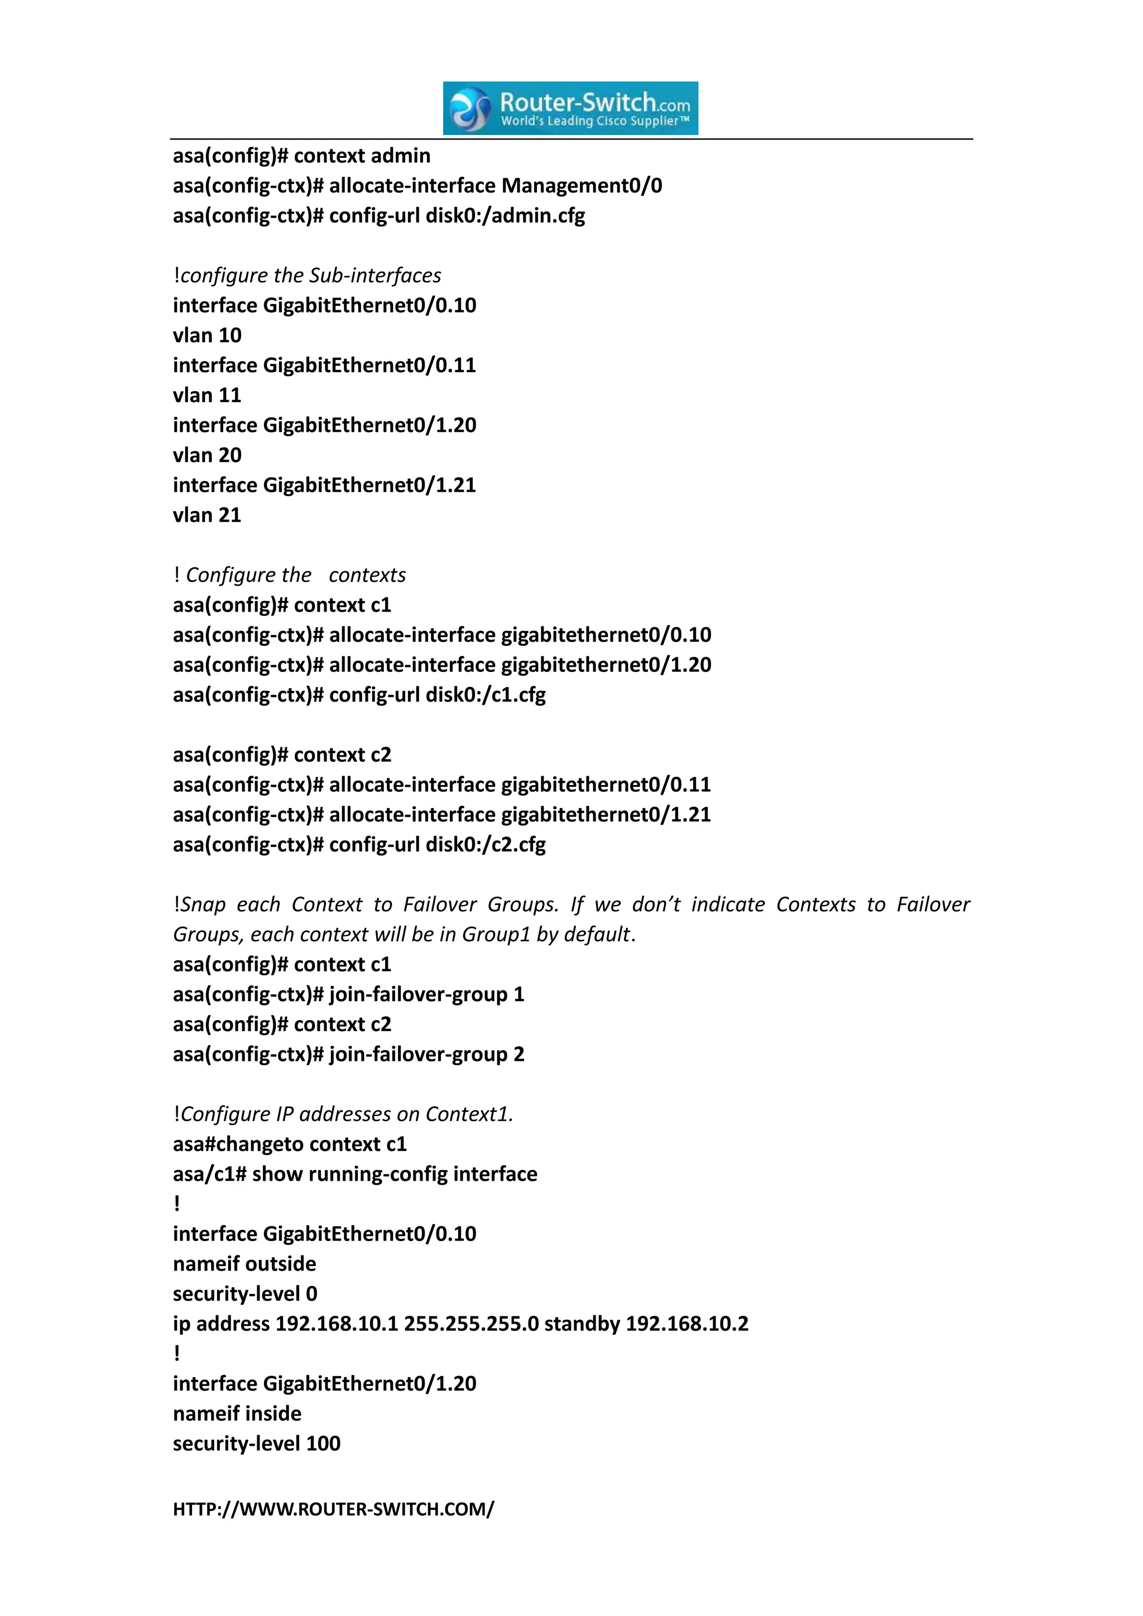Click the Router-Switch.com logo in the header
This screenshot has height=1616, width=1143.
[570, 108]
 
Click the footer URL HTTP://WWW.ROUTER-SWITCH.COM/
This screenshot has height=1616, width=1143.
[334, 1509]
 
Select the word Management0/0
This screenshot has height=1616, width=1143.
[582, 186]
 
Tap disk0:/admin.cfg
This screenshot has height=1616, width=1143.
[505, 215]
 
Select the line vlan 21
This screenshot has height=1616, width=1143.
[207, 515]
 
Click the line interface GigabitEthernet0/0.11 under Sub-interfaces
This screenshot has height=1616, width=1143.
[324, 365]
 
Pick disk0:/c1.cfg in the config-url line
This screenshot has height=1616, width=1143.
[486, 695]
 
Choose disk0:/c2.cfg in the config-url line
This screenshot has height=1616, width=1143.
[486, 845]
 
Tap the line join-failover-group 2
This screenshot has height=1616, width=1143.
[426, 1054]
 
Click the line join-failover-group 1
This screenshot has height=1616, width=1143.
[426, 994]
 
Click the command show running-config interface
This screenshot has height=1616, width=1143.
[394, 1174]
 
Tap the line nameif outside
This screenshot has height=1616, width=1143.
[244, 1264]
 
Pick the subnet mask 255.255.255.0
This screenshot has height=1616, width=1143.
[471, 1324]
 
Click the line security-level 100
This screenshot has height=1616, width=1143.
[256, 1444]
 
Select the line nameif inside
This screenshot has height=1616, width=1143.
[237, 1413]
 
